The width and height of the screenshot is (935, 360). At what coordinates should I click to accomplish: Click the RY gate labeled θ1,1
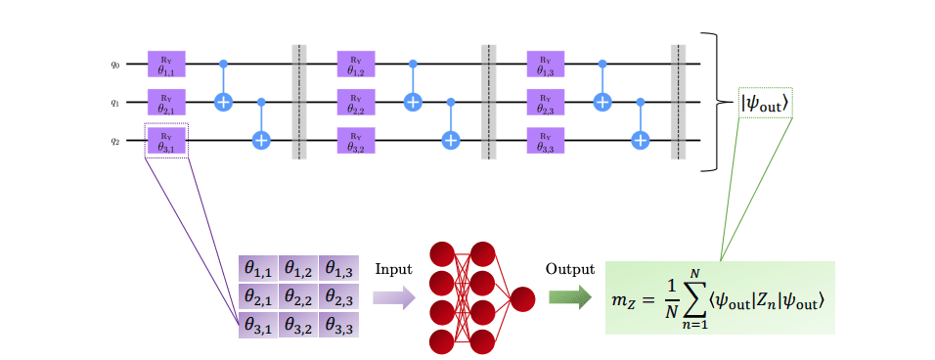pyautogui.click(x=166, y=65)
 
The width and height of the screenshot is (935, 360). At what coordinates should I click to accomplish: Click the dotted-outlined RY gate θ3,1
pyautogui.click(x=166, y=140)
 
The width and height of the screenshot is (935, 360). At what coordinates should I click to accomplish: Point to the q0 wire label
pyautogui.click(x=114, y=66)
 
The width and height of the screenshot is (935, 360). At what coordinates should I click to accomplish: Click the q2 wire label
pyautogui.click(x=114, y=141)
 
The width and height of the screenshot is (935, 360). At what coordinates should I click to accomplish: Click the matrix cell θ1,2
pyautogui.click(x=299, y=268)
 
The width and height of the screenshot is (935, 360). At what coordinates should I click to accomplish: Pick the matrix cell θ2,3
pyautogui.click(x=340, y=296)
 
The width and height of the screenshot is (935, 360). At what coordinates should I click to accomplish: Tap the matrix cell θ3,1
pyautogui.click(x=258, y=325)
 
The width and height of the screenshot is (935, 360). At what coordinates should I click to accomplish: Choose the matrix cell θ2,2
pyautogui.click(x=299, y=296)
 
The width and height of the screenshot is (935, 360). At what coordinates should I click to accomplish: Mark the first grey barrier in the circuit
pyautogui.click(x=299, y=102)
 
